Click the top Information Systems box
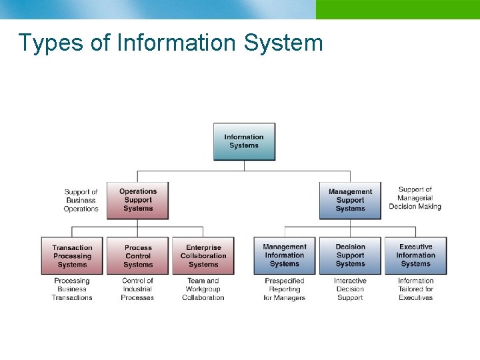click(x=244, y=141)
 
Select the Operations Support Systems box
click(x=138, y=200)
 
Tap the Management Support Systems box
click(x=350, y=200)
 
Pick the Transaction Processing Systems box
click(x=72, y=256)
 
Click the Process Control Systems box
click(x=138, y=256)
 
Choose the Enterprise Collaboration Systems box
click(x=203, y=256)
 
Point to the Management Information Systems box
click(x=285, y=256)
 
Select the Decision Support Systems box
click(x=350, y=256)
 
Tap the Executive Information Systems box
click(x=416, y=256)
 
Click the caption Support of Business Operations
click(x=81, y=200)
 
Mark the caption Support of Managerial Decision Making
click(x=415, y=198)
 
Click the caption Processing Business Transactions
click(x=72, y=289)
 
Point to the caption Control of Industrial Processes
click(x=137, y=289)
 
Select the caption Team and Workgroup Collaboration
click(x=203, y=289)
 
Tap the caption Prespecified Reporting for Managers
click(x=285, y=289)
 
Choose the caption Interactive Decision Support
click(x=350, y=289)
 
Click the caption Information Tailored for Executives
click(x=416, y=289)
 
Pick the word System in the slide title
click(x=283, y=43)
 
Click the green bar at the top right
click(x=397, y=9)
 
